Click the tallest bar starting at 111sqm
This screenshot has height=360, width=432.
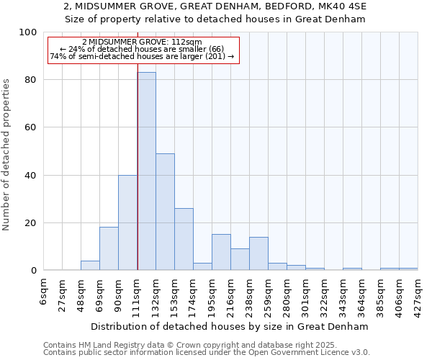click(x=146, y=171)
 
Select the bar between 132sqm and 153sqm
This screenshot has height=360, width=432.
click(x=165, y=212)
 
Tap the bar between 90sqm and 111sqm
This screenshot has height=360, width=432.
click(x=127, y=222)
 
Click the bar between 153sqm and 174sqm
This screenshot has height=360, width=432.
click(x=184, y=239)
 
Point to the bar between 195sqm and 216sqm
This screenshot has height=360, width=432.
click(x=221, y=252)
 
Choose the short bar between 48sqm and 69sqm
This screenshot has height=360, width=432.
click(x=90, y=266)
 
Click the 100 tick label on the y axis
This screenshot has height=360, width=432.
click(x=28, y=32)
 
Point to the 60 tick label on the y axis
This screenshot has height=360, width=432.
click(x=31, y=127)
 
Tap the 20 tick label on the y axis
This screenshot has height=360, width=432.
click(x=31, y=223)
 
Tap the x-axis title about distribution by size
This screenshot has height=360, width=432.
click(x=231, y=326)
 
